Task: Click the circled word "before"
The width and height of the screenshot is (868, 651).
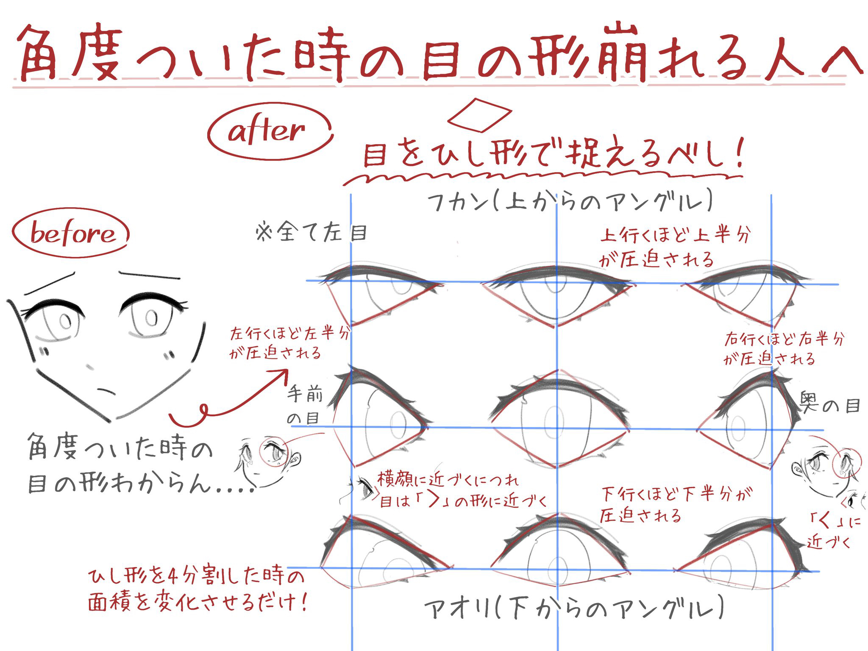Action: [x=72, y=234]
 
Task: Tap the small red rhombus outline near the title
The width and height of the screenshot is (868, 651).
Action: [x=480, y=115]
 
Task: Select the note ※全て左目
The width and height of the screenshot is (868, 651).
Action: [x=312, y=233]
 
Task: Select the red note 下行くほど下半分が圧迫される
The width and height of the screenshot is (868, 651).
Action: [x=674, y=504]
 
